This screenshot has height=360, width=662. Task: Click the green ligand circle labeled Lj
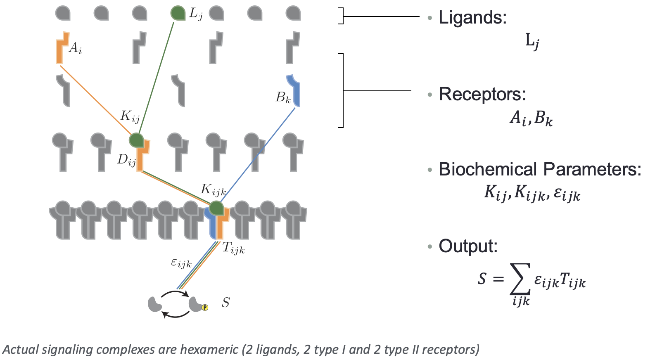click(x=178, y=13)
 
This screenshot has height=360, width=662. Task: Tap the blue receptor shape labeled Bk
click(x=294, y=90)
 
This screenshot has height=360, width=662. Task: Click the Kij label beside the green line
click(x=130, y=116)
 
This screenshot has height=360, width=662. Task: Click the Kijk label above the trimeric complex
click(x=213, y=190)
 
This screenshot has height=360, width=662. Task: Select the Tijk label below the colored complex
click(x=233, y=248)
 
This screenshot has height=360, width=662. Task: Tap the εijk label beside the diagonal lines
click(x=181, y=263)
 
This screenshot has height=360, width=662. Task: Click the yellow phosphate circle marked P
click(x=205, y=308)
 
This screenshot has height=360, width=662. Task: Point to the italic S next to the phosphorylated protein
click(x=225, y=303)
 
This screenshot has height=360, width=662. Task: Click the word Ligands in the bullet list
click(x=472, y=18)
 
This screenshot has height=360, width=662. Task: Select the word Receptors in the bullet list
click(x=482, y=94)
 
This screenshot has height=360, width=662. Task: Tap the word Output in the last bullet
click(x=467, y=246)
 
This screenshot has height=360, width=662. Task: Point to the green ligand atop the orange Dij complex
click(x=136, y=140)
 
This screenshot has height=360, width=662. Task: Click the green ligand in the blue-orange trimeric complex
click(x=216, y=208)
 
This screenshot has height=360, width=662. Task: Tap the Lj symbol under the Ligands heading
click(x=532, y=41)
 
